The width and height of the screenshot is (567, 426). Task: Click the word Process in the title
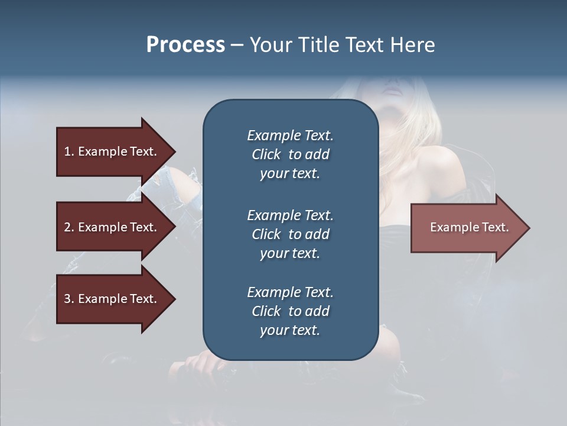pyautogui.click(x=185, y=45)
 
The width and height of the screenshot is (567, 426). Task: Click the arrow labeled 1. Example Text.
pyautogui.click(x=112, y=151)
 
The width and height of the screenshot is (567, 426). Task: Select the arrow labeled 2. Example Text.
pyautogui.click(x=112, y=227)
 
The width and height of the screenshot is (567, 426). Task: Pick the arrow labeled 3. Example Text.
pyautogui.click(x=112, y=299)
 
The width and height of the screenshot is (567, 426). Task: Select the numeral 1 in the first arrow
pyautogui.click(x=67, y=151)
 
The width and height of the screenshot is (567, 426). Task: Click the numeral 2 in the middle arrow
pyautogui.click(x=67, y=227)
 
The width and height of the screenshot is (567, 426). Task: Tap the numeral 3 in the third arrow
pyautogui.click(x=67, y=299)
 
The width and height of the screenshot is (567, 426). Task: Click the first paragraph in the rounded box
pyautogui.click(x=290, y=154)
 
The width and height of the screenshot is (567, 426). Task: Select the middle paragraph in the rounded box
pyautogui.click(x=290, y=234)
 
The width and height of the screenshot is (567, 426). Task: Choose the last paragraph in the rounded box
pyautogui.click(x=290, y=311)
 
